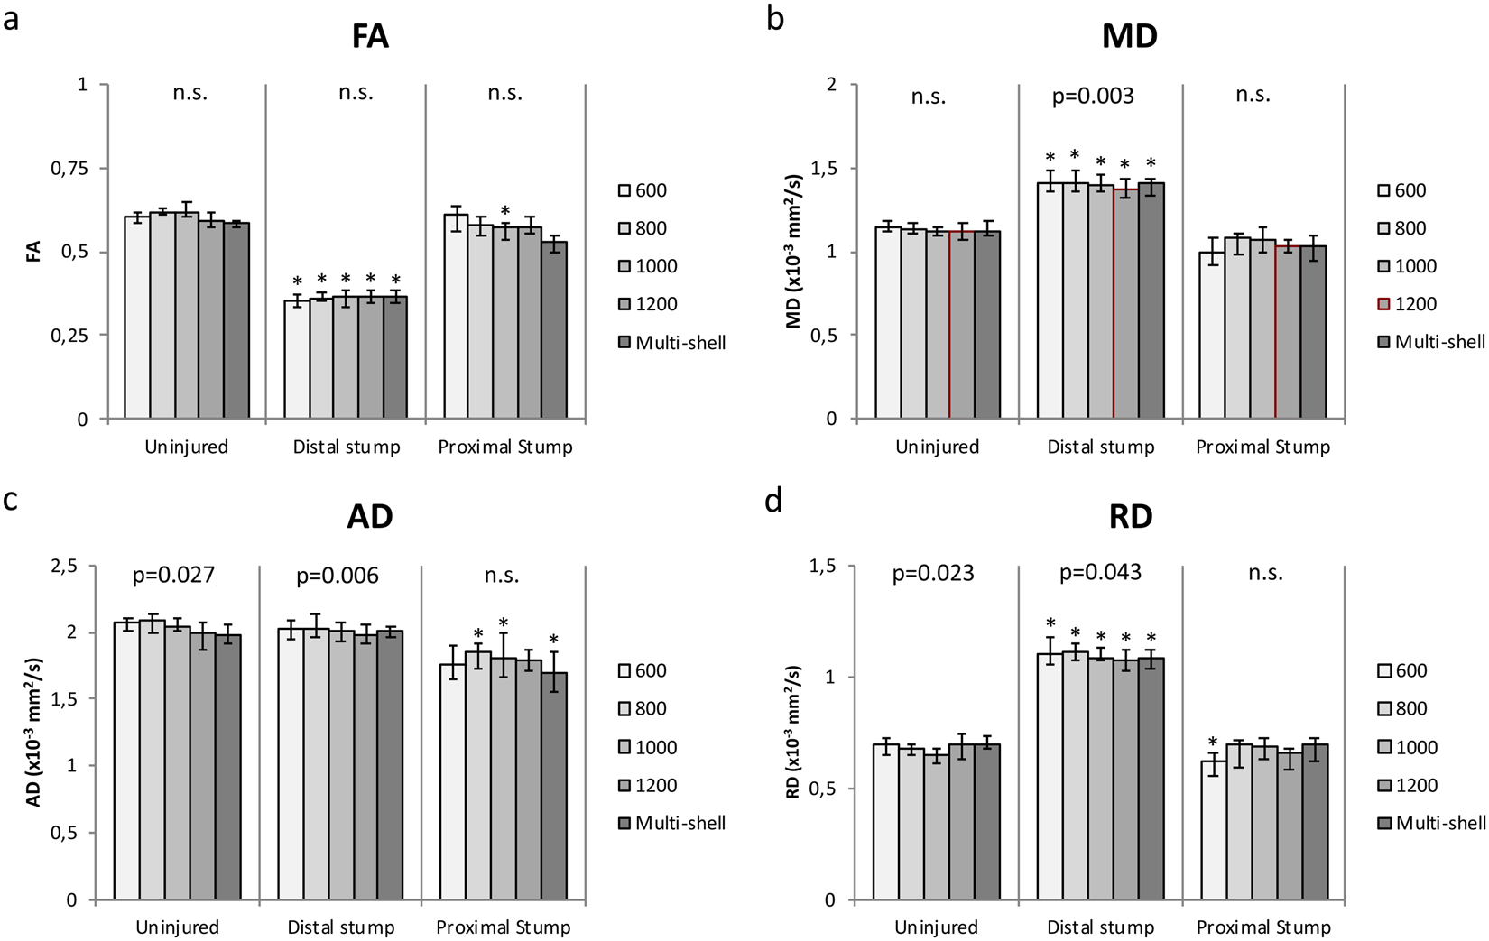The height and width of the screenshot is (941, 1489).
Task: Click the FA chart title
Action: pos(370,37)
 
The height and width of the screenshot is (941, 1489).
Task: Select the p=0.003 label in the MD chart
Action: pos(1093,96)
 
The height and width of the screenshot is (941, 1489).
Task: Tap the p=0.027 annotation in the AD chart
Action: pos(173,576)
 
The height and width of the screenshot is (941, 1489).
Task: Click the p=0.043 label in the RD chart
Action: pos(1100,572)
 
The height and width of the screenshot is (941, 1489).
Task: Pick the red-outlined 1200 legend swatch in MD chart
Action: pos(1383,304)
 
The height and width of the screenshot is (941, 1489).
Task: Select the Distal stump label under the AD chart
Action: pos(341,927)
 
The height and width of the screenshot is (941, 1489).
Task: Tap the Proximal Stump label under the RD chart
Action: pos(1262,927)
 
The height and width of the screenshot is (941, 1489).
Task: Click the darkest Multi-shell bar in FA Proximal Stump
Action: pos(554,330)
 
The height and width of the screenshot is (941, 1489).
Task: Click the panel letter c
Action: pos(10,499)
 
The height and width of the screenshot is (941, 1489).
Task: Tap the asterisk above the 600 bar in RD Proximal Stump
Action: pos(1212,743)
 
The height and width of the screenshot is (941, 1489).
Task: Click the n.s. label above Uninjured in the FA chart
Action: pos(190,93)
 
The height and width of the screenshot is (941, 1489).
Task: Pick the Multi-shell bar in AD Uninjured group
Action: pos(227,767)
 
